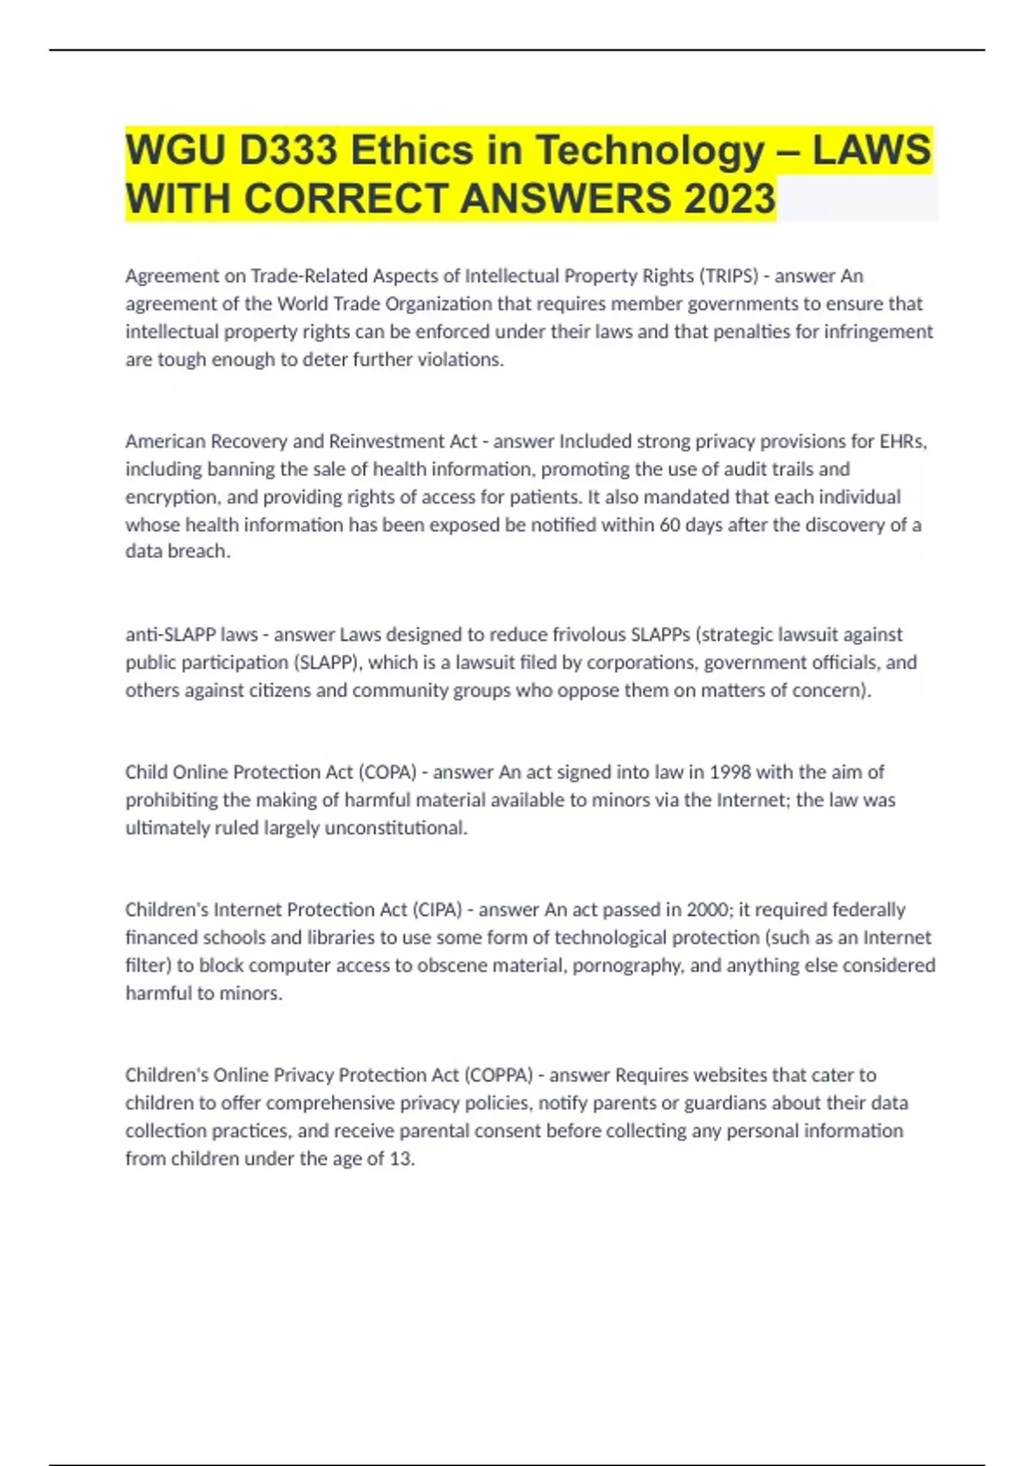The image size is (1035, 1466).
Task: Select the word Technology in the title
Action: pos(649,151)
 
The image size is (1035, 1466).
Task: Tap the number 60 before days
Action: pos(670,525)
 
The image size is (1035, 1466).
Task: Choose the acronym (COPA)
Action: pos(386,772)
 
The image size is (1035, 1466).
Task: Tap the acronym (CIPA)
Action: pos(437,910)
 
